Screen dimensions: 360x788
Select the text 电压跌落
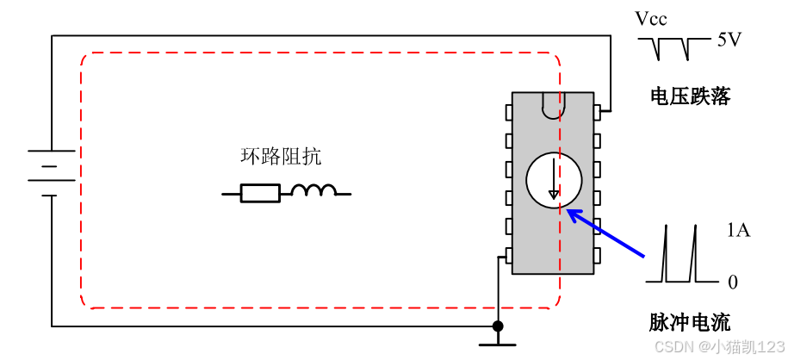(690, 96)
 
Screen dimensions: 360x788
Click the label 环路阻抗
(281, 157)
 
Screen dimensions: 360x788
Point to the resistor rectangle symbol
(259, 193)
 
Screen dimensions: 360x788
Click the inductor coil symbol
(313, 191)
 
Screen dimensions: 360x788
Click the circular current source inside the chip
(554, 181)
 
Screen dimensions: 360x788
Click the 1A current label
(739, 230)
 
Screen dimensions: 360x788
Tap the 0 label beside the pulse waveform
(733, 282)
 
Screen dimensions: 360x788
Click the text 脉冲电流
(689, 323)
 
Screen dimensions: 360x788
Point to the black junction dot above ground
(498, 326)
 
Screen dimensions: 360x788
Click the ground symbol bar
(498, 344)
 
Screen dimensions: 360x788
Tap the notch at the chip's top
(552, 105)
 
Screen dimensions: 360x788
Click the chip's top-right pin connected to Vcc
(597, 112)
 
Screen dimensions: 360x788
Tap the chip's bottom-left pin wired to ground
(508, 255)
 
